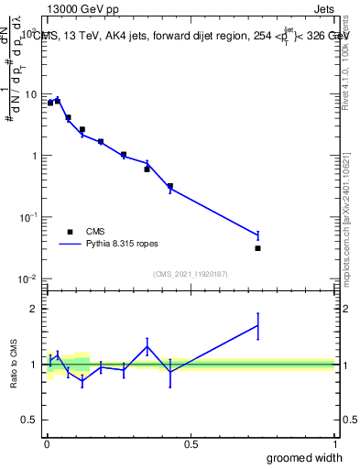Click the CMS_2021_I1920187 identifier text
190,274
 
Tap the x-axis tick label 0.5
191,444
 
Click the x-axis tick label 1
335,444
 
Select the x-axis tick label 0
46,444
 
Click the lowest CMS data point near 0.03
258,248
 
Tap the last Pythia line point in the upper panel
258,235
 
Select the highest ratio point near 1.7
258,325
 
